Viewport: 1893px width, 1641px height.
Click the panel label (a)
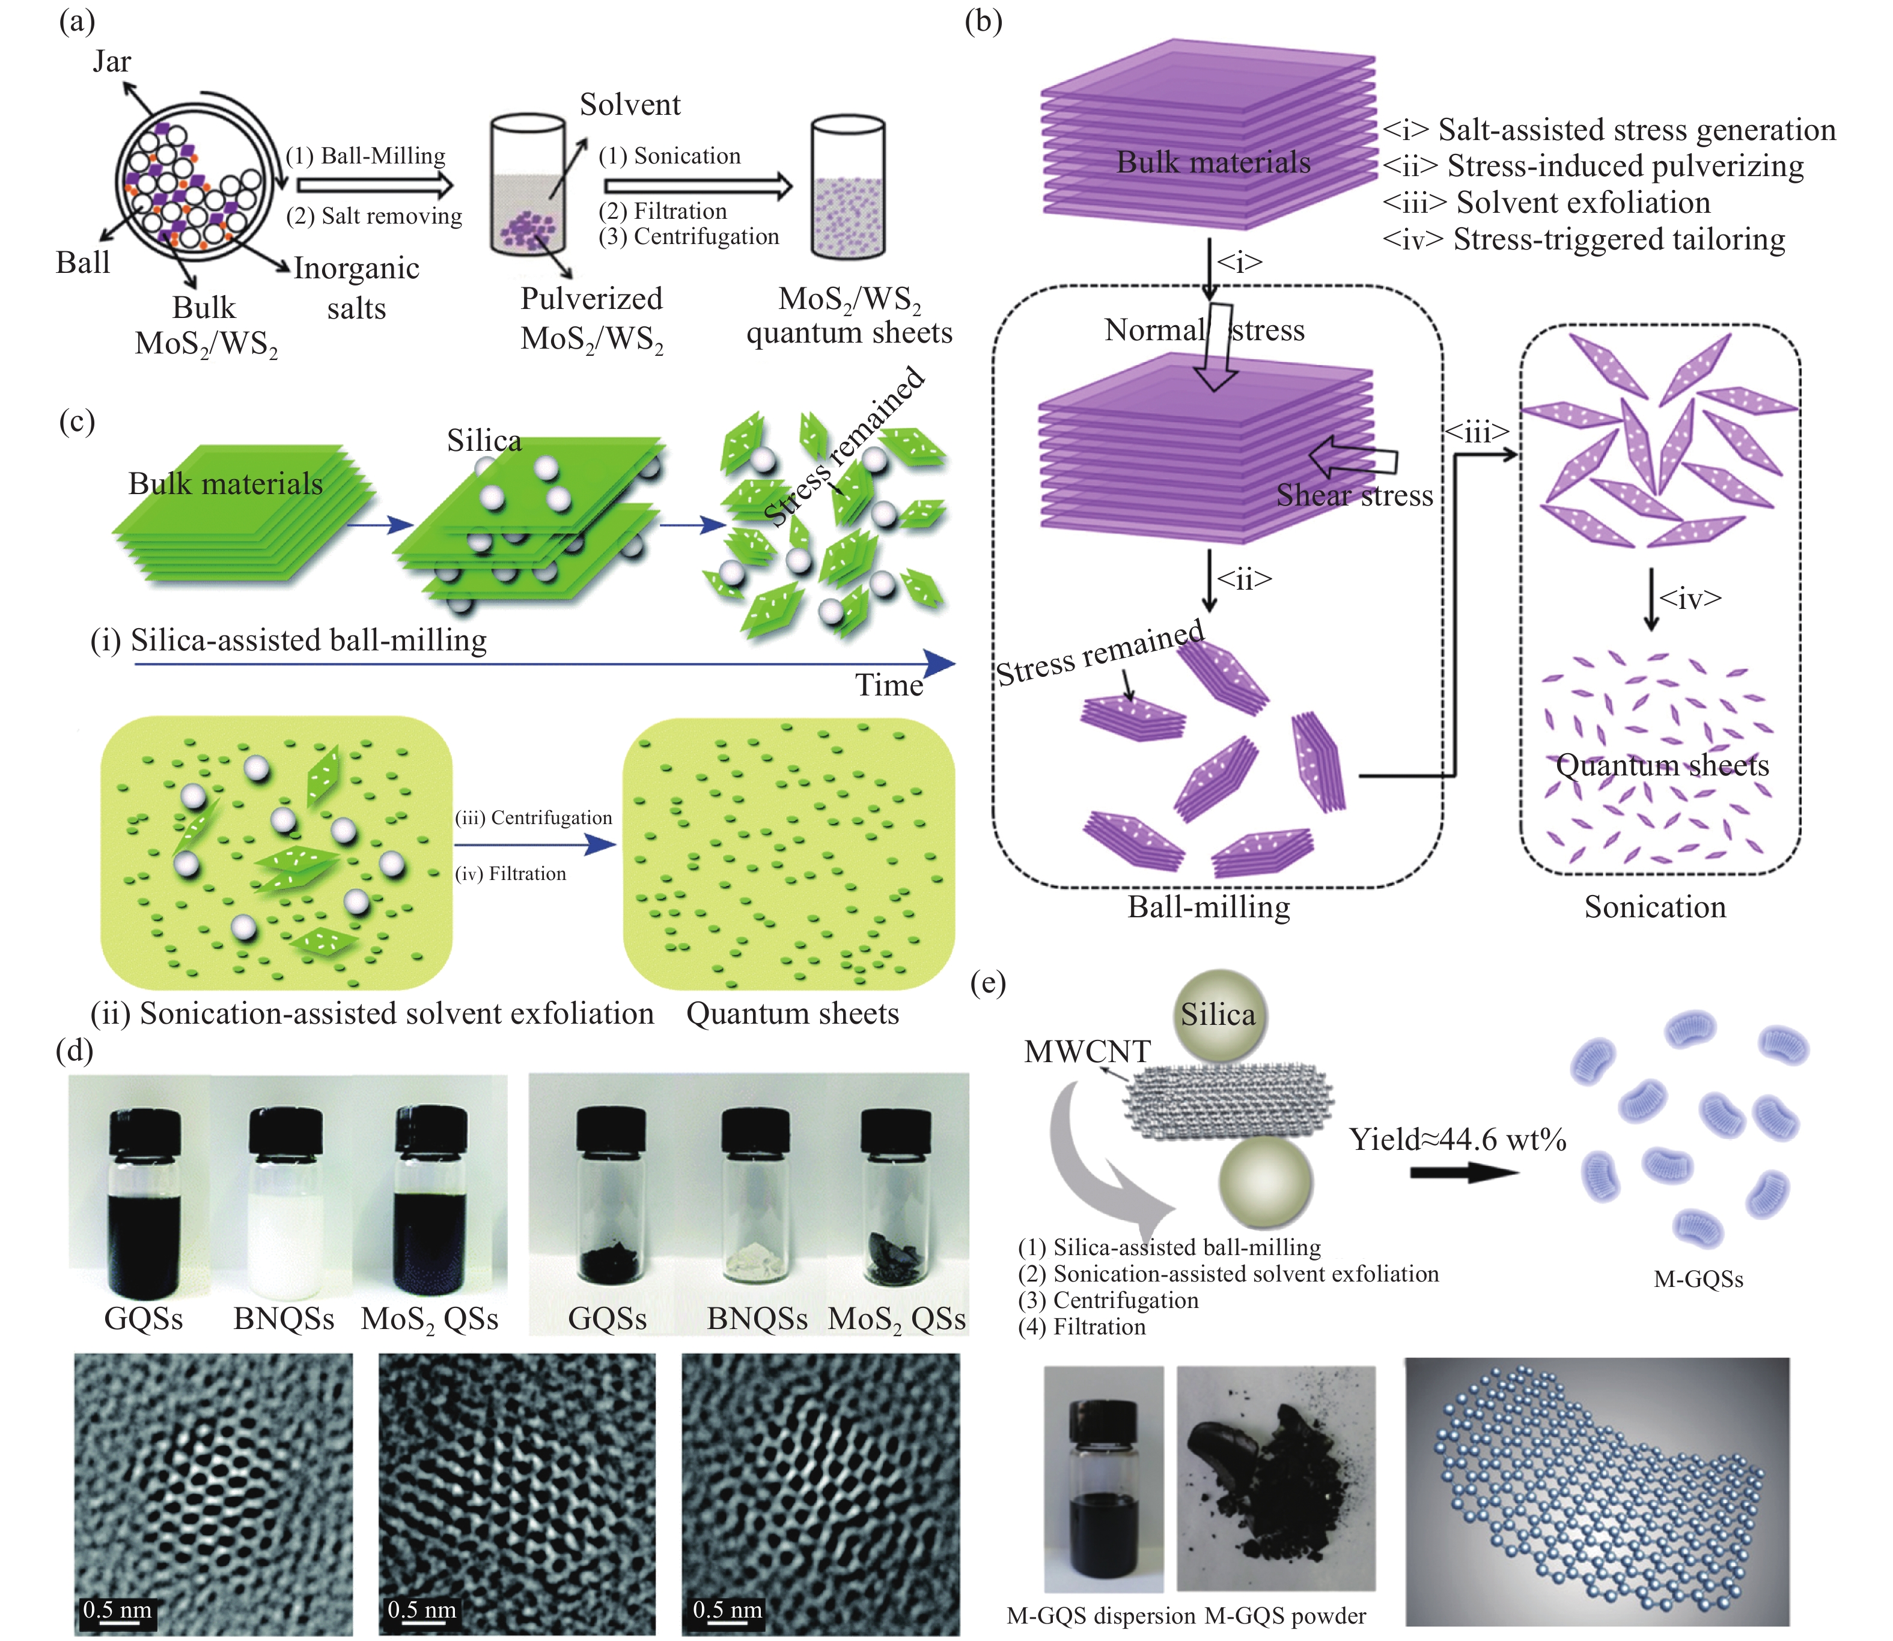[77, 20]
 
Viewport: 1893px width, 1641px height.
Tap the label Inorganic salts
[356, 287]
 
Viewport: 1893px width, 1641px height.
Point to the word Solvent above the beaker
[630, 105]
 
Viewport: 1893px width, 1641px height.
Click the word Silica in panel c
[484, 441]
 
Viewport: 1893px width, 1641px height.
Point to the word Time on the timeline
[889, 685]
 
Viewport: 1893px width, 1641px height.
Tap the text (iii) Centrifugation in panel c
[534, 817]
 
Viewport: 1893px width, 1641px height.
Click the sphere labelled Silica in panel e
[1218, 1015]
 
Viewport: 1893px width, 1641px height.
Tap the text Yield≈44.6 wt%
[1457, 1139]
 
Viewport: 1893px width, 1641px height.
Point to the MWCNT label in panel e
[1087, 1051]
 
